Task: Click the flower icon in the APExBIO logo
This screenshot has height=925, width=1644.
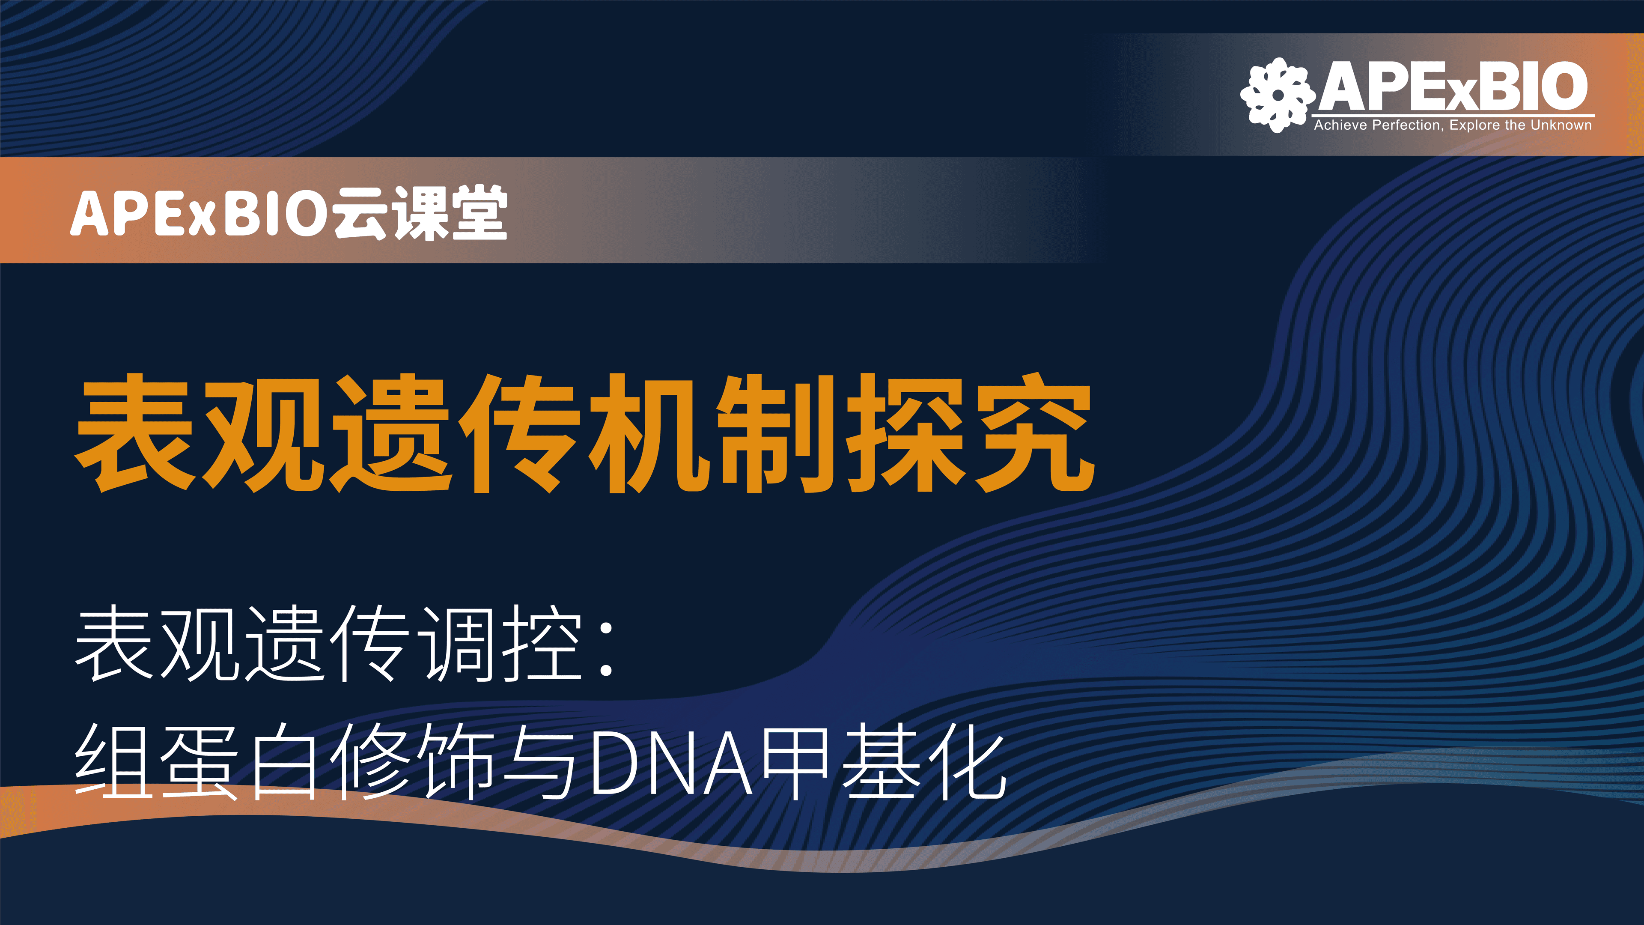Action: coord(1278,95)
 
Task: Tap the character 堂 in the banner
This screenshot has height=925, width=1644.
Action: coord(479,212)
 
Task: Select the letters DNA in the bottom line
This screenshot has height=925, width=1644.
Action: coord(672,763)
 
